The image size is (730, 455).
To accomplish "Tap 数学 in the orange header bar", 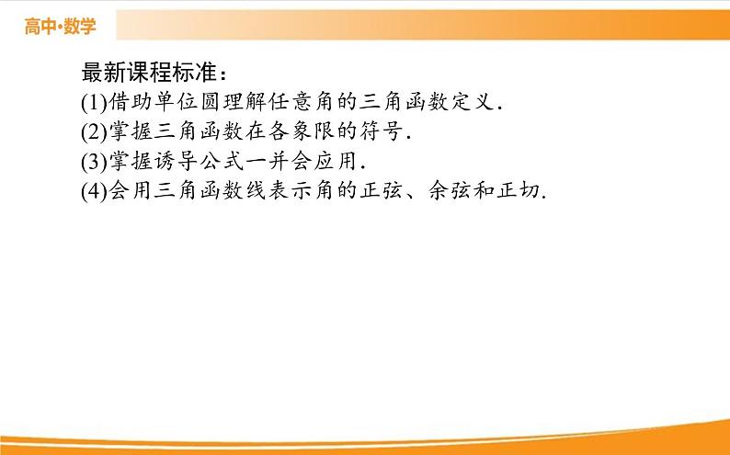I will tap(80, 27).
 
